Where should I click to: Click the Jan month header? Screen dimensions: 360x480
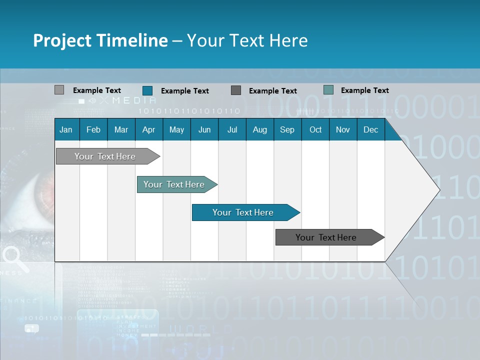click(x=66, y=130)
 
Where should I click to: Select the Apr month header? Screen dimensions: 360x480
click(x=148, y=130)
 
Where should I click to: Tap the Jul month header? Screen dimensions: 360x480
click(x=232, y=130)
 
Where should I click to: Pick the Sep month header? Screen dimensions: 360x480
click(x=287, y=130)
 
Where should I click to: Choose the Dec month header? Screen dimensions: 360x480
click(x=370, y=130)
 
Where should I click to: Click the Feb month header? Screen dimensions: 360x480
click(x=93, y=130)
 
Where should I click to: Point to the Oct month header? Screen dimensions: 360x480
click(x=315, y=130)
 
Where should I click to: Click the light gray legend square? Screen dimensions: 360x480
click(x=59, y=90)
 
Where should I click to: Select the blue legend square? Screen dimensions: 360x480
click(x=147, y=90)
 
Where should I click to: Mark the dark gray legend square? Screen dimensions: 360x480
click(x=236, y=90)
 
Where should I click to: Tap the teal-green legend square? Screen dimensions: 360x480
click(x=328, y=90)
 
